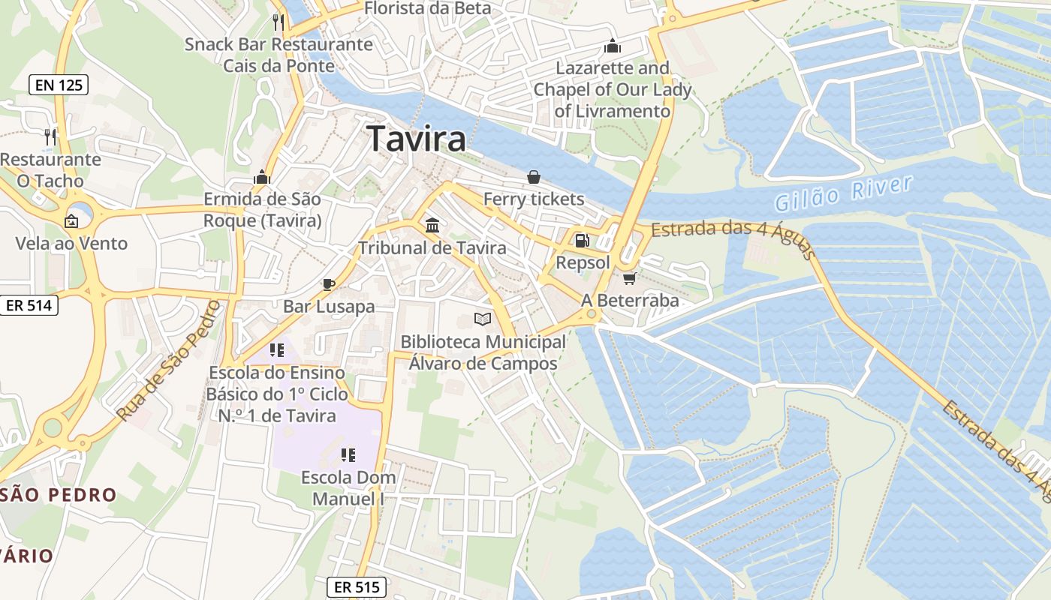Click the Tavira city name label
tap(416, 139)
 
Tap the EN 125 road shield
tap(59, 85)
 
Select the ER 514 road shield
tap(29, 305)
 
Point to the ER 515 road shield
tap(357, 587)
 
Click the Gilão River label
tap(844, 193)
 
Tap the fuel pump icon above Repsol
tap(582, 241)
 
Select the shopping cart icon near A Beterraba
tap(629, 278)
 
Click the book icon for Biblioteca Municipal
tap(483, 319)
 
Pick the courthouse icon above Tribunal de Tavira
tap(432, 225)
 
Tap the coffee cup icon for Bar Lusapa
tap(328, 283)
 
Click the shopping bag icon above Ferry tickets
tap(533, 177)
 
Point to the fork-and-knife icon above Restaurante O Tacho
tap(50, 136)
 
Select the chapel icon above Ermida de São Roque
tap(262, 177)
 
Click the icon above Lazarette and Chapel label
tap(613, 46)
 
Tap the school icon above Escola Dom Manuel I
tap(348, 454)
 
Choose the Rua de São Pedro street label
tap(167, 361)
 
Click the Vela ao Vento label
tap(72, 243)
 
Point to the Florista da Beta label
tap(427, 8)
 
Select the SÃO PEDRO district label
tap(59, 495)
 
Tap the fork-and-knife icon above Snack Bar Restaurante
tap(279, 22)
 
